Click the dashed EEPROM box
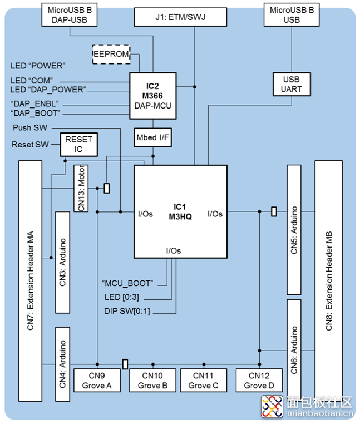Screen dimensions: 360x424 coord(111,54)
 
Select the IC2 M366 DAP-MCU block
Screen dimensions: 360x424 coord(153,96)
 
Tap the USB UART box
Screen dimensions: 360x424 coord(292,84)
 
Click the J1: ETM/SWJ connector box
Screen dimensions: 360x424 coord(180,17)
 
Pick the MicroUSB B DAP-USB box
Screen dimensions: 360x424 coord(70,15)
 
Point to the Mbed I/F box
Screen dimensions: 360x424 coord(153,137)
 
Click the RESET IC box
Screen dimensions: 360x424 coord(78,145)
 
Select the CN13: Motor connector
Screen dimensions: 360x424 coord(81,188)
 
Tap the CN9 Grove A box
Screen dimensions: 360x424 coord(97,380)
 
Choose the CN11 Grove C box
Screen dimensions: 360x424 coord(204,380)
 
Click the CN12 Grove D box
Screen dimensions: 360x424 coord(259,380)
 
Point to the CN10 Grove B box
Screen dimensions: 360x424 coord(153,380)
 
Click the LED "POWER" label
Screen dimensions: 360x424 coord(38,66)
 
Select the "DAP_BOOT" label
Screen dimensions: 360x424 coord(36,113)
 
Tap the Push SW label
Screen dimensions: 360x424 coord(30,127)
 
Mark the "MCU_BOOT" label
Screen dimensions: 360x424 coord(127,283)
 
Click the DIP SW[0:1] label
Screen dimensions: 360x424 coord(127,311)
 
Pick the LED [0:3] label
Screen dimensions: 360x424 coord(122,297)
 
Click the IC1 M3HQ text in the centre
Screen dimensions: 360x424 coord(180,212)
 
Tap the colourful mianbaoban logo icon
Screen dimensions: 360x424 coord(272,406)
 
